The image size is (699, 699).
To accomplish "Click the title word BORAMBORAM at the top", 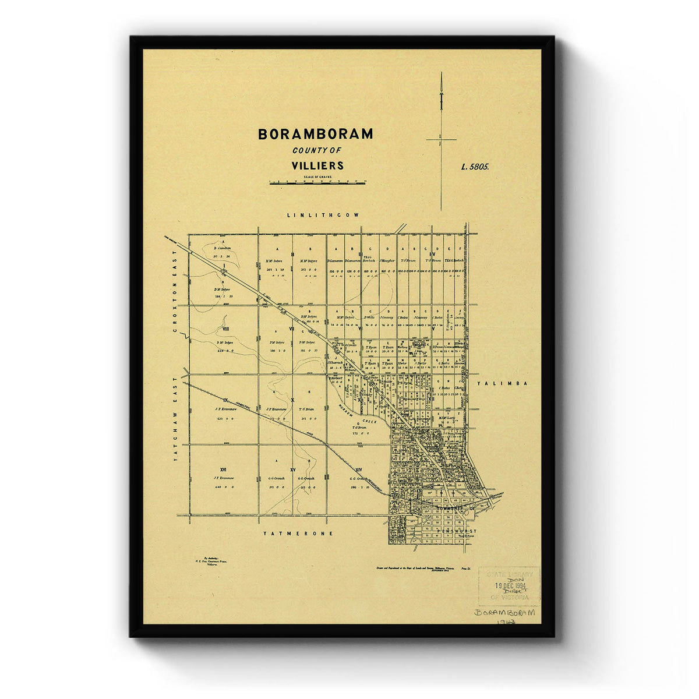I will pos(315,134).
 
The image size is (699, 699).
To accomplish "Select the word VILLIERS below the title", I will pos(317,165).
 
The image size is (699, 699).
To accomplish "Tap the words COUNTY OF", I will pos(317,151).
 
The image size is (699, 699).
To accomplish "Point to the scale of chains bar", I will pos(317,183).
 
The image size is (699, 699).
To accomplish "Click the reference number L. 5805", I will pos(475,166).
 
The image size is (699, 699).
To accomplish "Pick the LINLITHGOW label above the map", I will pos(323,215).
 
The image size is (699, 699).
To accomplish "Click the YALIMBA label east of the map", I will pos(502,383).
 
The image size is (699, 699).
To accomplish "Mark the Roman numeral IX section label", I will pos(224,400).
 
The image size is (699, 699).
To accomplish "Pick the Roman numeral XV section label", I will pos(293,469).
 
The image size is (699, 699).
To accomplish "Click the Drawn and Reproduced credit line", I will pos(414,567).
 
